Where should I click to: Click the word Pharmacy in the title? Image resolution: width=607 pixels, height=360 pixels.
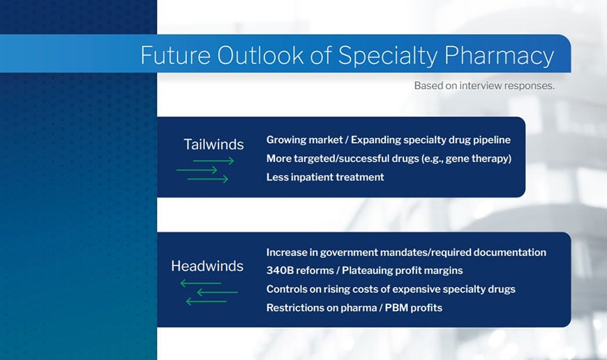coord(499,56)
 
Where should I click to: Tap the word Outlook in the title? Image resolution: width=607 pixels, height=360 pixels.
coord(260,55)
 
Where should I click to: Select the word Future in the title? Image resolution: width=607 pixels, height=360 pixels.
coord(175,55)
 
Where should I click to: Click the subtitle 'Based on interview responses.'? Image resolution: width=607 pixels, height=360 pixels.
coord(484,86)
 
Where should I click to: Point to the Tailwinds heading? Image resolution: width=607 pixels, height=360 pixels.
coord(213,144)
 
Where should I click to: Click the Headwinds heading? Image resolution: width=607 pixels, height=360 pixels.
coord(207,266)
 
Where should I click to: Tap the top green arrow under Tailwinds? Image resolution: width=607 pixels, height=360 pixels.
coord(213,160)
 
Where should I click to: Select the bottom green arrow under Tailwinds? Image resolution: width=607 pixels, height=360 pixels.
coord(208,179)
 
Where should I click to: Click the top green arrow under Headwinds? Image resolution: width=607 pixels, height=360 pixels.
coord(200,283)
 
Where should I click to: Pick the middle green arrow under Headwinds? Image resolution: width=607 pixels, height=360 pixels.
coord(217,292)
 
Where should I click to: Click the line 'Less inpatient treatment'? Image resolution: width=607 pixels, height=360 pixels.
coord(325,177)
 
